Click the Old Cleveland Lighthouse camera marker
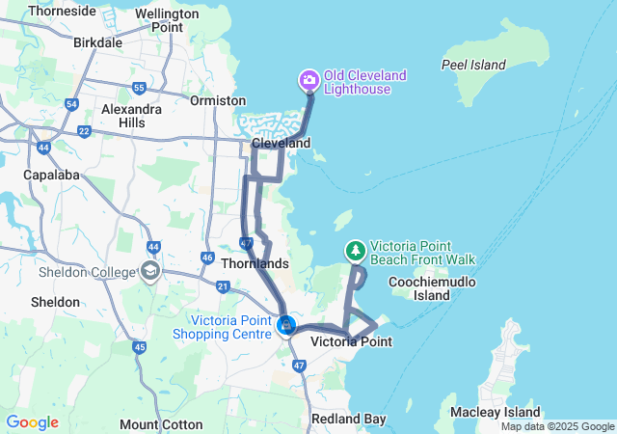click(309, 79)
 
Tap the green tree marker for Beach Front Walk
click(356, 251)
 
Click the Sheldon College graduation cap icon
click(149, 271)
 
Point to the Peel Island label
click(473, 65)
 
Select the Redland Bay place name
click(348, 419)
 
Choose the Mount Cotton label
click(161, 424)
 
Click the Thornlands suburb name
click(255, 263)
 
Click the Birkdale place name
click(98, 42)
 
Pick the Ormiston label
click(217, 100)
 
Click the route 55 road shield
click(139, 88)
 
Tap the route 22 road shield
click(84, 131)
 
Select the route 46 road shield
click(207, 258)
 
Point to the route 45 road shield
click(140, 347)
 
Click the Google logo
click(32, 422)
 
